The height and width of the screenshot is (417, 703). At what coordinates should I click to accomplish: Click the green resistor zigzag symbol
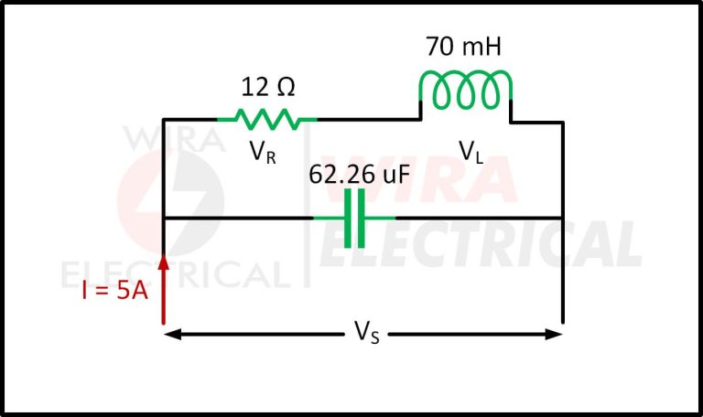click(x=266, y=119)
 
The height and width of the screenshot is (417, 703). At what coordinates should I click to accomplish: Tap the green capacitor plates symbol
click(x=354, y=218)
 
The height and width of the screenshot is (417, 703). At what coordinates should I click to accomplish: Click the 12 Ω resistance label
click(x=268, y=88)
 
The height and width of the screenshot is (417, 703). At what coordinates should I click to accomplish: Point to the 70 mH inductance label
click(x=464, y=47)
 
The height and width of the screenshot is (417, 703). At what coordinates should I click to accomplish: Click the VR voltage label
click(x=263, y=152)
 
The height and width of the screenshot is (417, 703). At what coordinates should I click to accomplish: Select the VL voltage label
click(x=471, y=152)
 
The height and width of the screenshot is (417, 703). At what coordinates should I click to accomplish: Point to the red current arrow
click(x=164, y=288)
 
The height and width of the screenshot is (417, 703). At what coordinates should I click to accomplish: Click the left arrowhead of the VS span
click(x=171, y=335)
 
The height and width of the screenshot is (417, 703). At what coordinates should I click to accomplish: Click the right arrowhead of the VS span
click(x=555, y=335)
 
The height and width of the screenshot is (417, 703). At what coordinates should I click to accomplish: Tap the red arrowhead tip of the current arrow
click(x=164, y=258)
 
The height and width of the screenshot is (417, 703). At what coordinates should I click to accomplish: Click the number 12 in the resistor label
click(x=254, y=88)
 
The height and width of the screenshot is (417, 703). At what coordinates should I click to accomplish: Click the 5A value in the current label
click(x=131, y=293)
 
